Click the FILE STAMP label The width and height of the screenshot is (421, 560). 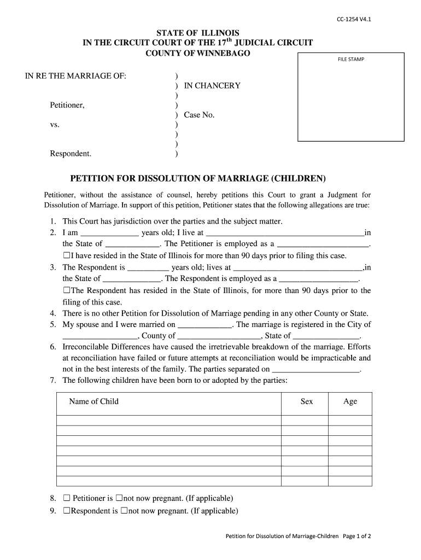tap(350, 60)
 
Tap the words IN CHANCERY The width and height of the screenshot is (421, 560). tap(212, 86)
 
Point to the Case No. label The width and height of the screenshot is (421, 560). tap(199, 115)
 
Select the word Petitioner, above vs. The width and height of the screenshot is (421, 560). tap(67, 105)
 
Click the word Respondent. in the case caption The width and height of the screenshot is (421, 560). tap(71, 154)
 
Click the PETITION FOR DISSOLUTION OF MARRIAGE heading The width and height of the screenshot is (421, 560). tap(197, 179)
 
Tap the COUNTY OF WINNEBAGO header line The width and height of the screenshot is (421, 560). tap(197, 53)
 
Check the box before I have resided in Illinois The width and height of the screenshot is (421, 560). tap(66, 255)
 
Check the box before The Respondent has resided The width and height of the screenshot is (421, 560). tap(66, 290)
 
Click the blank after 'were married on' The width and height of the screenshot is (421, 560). tap(205, 325)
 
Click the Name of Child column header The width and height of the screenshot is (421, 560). tap(93, 401)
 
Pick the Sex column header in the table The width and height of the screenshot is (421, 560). tap(307, 401)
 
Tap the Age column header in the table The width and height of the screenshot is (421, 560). tap(350, 401)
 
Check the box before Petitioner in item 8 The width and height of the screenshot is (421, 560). tap(67, 498)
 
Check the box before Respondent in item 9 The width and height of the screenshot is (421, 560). tap(66, 511)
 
